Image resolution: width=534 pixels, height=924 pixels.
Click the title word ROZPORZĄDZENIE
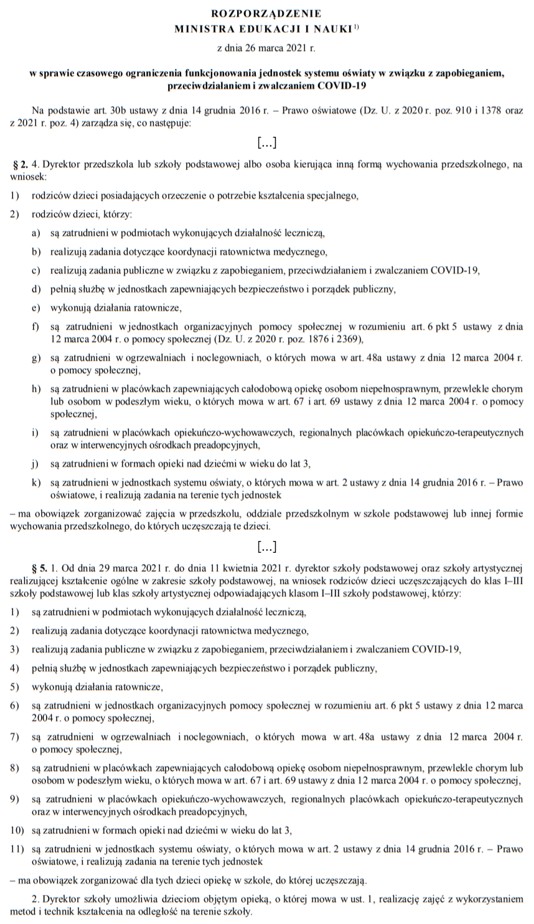[266, 12]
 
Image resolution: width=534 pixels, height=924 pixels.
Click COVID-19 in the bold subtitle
[341, 85]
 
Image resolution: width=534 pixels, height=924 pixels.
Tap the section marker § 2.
[21, 165]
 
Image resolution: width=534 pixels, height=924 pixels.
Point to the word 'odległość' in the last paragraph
[155, 912]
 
